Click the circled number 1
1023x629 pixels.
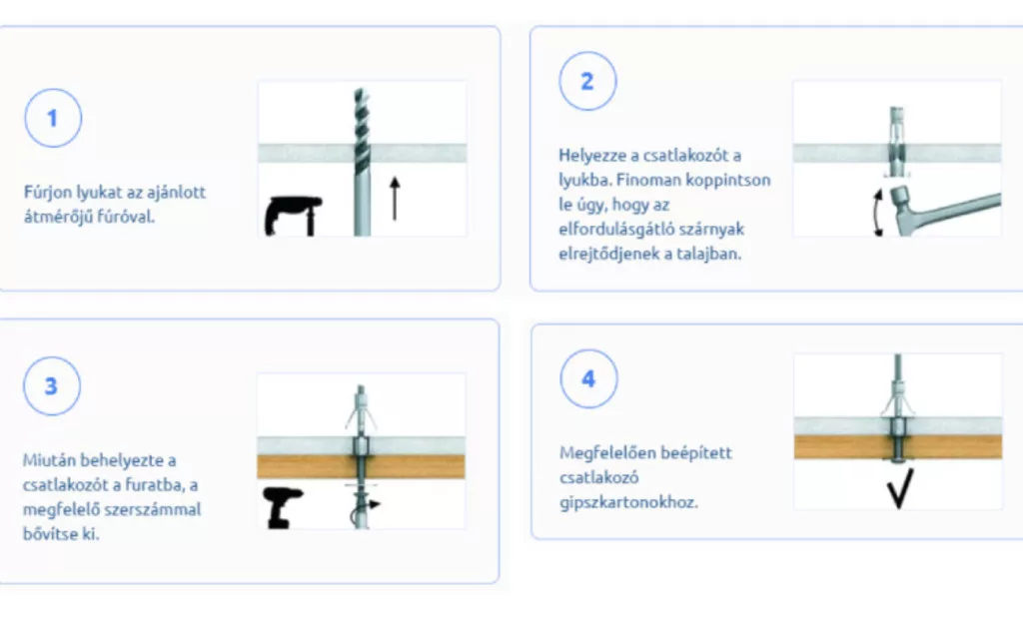pyautogui.click(x=53, y=118)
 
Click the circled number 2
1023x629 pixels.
pyautogui.click(x=587, y=81)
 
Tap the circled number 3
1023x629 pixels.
pyautogui.click(x=52, y=385)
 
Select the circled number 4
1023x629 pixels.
pyautogui.click(x=588, y=378)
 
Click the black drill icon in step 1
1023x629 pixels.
pyautogui.click(x=293, y=215)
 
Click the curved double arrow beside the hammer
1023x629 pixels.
pyautogui.click(x=878, y=213)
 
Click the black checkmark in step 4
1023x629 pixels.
pyautogui.click(x=900, y=488)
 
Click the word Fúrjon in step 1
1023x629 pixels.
pyautogui.click(x=48, y=193)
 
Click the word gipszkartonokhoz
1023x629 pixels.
pyautogui.click(x=628, y=502)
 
